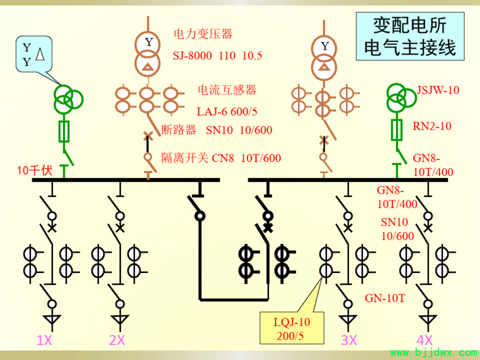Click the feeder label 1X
(x=44, y=340)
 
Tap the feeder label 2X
(x=117, y=340)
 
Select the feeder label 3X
(x=349, y=340)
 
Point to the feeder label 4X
(x=424, y=340)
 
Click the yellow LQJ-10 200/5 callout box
(x=292, y=328)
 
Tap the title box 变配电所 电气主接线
(x=410, y=36)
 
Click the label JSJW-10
(x=438, y=90)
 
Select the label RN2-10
(x=432, y=126)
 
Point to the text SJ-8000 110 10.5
(x=217, y=56)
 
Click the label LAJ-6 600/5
(x=227, y=112)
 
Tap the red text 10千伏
(x=35, y=171)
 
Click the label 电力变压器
(x=203, y=34)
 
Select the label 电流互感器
(x=227, y=90)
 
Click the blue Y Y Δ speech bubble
(x=34, y=54)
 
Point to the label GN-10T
(x=385, y=298)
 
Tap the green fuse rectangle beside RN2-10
(x=397, y=130)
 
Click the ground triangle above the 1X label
(x=52, y=320)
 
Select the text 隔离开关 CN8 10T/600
(x=221, y=158)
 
